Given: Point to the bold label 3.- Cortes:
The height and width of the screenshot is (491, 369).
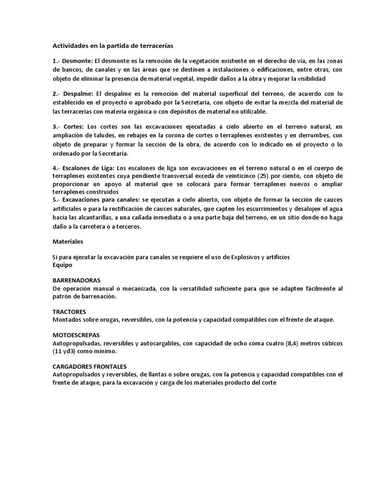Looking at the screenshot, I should click(68, 127).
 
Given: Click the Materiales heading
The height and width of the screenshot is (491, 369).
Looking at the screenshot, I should click(67, 242).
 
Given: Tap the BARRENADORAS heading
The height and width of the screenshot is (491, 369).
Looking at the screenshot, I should click(76, 281).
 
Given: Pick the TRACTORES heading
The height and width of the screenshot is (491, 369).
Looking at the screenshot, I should click(69, 312).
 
